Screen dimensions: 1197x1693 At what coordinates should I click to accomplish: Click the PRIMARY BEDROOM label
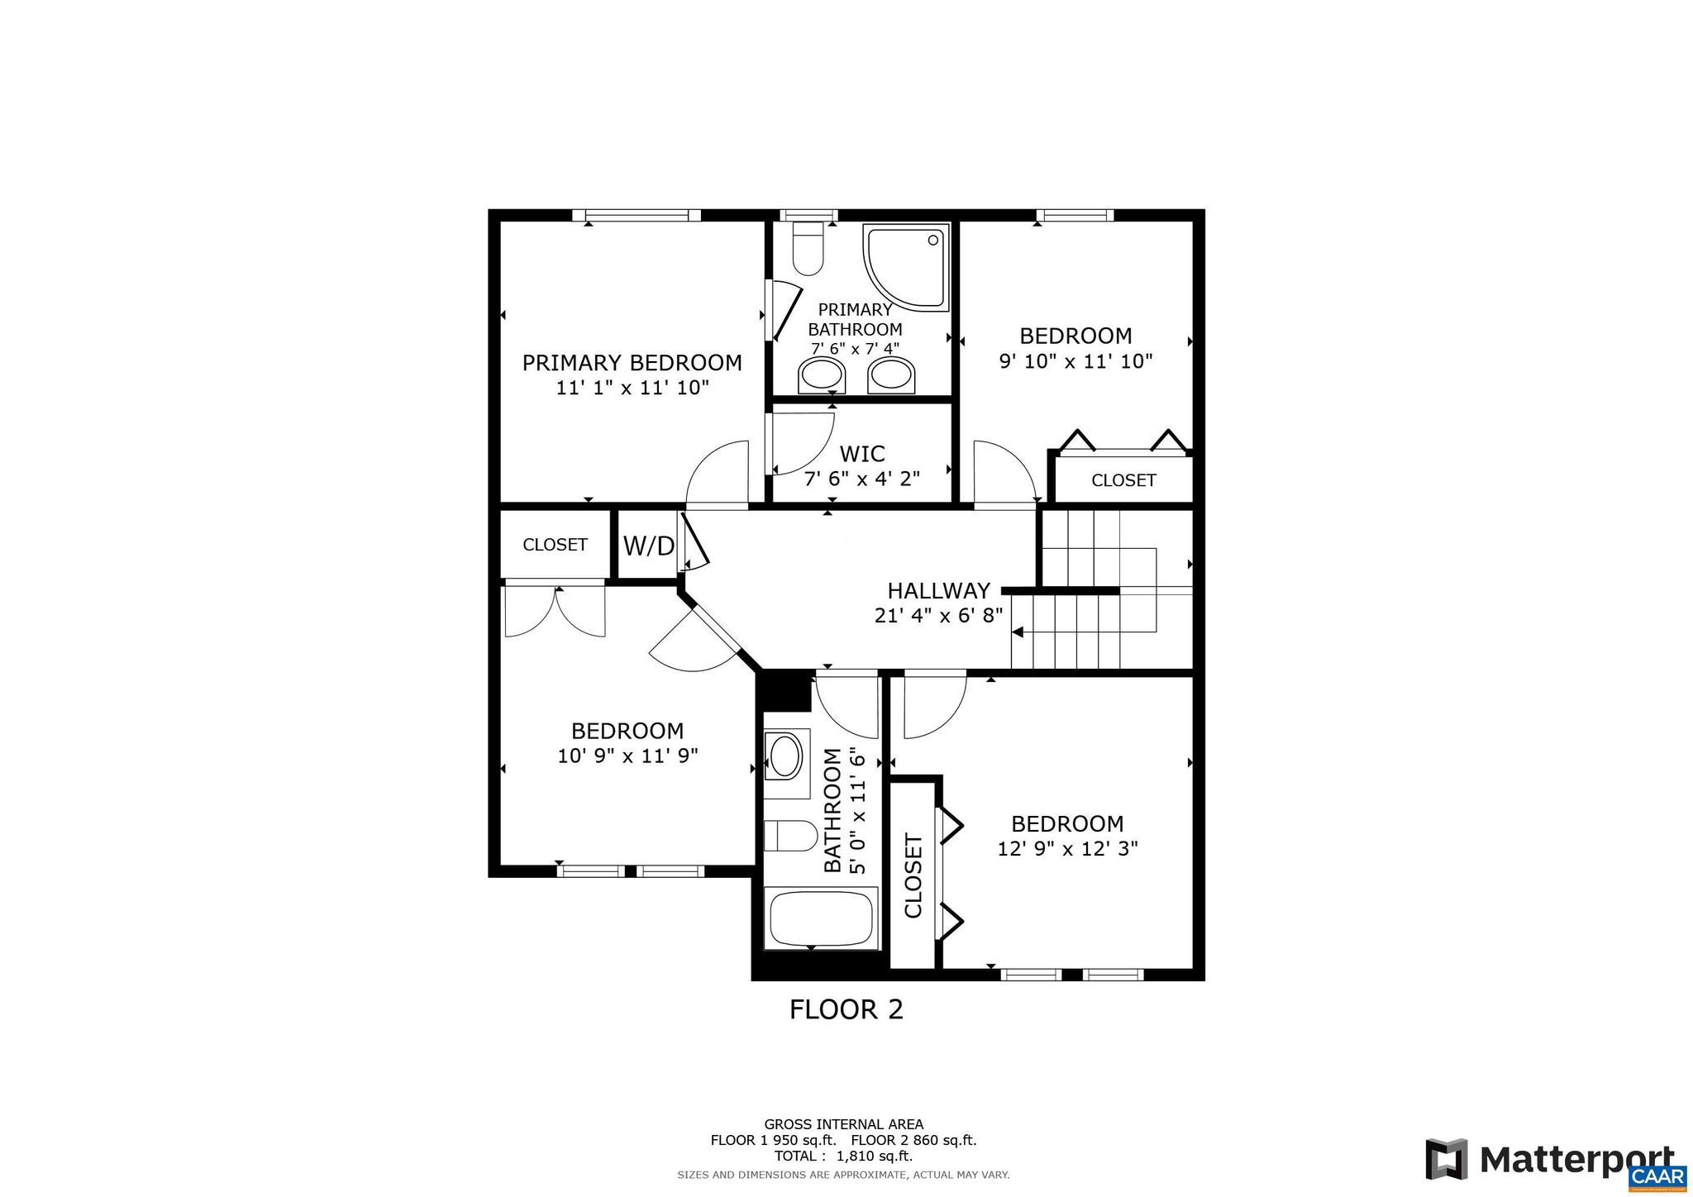pyautogui.click(x=632, y=363)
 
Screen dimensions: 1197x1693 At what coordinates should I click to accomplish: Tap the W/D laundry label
pyautogui.click(x=648, y=546)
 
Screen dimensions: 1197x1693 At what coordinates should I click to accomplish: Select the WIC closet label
pyautogui.click(x=861, y=454)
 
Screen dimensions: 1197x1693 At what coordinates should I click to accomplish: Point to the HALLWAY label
pyautogui.click(x=938, y=591)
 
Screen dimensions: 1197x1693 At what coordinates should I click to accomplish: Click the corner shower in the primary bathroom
pyautogui.click(x=904, y=265)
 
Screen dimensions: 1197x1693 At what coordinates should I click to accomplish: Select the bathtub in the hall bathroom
pyautogui.click(x=821, y=920)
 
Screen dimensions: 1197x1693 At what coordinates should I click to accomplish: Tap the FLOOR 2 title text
pyautogui.click(x=846, y=1010)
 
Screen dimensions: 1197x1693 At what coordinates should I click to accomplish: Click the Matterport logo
pyautogui.click(x=1549, y=1160)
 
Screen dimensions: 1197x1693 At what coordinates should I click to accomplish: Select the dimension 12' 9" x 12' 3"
pyautogui.click(x=1067, y=849)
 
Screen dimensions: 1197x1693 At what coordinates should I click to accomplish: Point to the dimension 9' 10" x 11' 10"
pyautogui.click(x=1075, y=361)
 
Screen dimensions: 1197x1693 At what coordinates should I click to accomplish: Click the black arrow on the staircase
pyautogui.click(x=1018, y=632)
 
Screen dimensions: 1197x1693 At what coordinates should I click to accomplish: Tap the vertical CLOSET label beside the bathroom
pyautogui.click(x=913, y=875)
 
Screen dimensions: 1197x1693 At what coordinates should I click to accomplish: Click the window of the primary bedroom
pyautogui.click(x=637, y=216)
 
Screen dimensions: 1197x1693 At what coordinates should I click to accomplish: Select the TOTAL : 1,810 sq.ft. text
pyautogui.click(x=843, y=1156)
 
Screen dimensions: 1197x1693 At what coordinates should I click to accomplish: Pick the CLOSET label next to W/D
pyautogui.click(x=555, y=545)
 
